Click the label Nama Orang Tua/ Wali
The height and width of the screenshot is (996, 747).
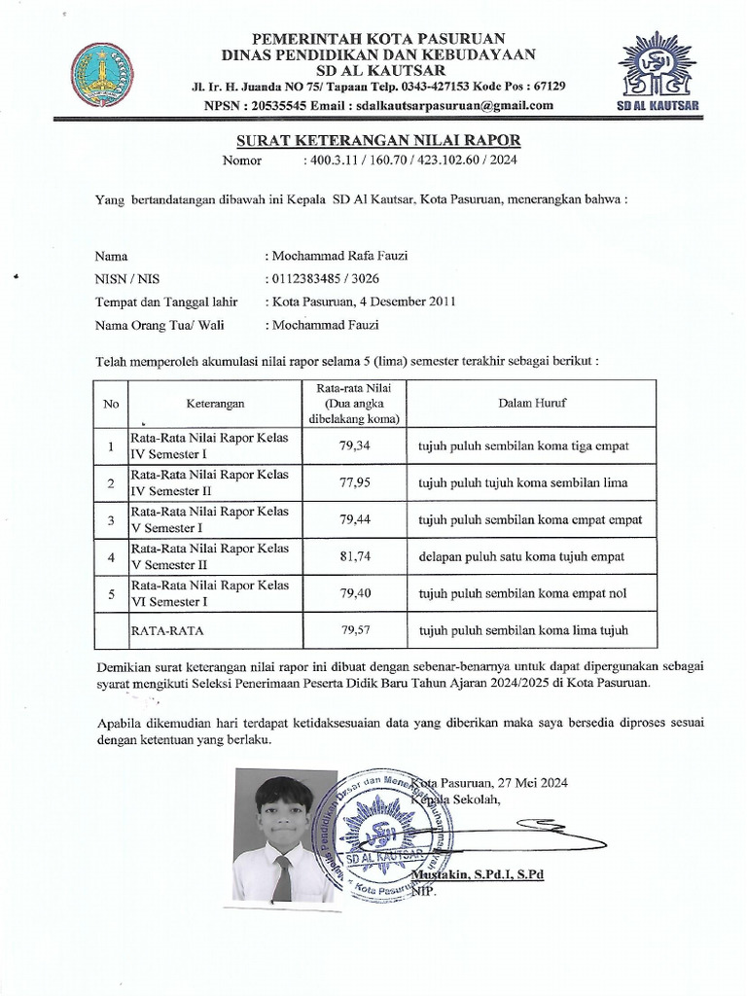pos(154,325)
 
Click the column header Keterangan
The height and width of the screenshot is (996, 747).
pos(216,402)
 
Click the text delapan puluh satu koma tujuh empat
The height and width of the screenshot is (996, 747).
pos(520,556)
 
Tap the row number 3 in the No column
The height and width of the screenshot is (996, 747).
pos(113,519)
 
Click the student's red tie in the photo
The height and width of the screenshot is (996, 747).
pos(282,877)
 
